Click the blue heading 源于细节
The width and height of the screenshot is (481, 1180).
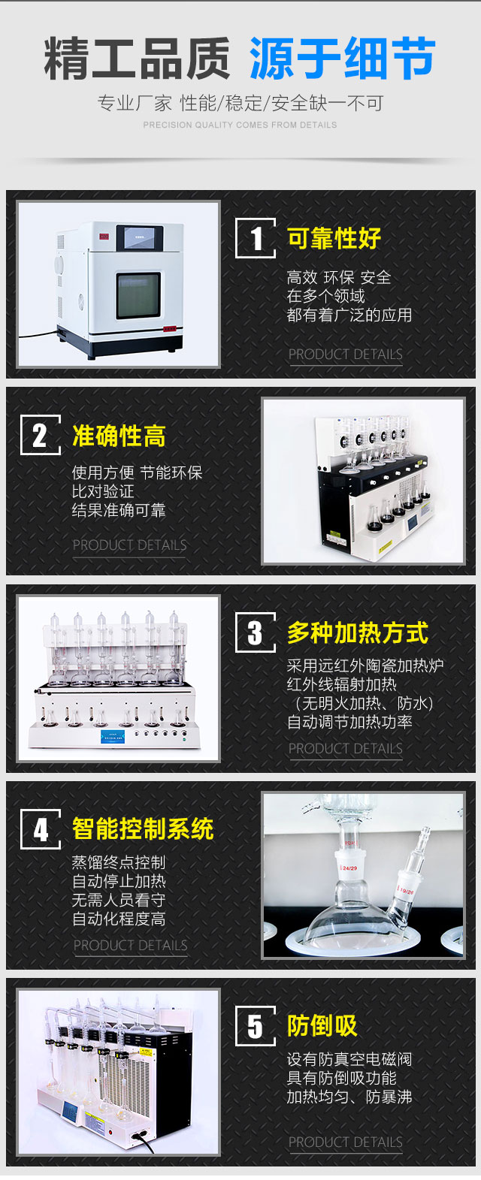click(343, 59)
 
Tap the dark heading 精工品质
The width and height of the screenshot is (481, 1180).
click(137, 59)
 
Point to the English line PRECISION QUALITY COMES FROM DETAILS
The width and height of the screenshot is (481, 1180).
click(240, 125)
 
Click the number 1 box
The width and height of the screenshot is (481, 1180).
click(256, 238)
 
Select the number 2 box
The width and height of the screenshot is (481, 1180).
click(41, 435)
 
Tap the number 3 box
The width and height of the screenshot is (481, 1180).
click(256, 632)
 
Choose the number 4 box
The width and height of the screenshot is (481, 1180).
click(41, 829)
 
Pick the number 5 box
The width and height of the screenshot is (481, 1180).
click(256, 1026)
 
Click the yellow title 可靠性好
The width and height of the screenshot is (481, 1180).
click(334, 238)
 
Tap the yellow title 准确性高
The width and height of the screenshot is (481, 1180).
click(119, 436)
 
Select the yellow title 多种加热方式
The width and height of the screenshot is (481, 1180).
click(358, 632)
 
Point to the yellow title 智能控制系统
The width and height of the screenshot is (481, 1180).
click(143, 829)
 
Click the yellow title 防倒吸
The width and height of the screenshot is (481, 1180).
click(322, 1026)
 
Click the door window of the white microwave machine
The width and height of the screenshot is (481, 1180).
click(138, 295)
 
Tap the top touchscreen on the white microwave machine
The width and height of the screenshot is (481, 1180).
click(141, 237)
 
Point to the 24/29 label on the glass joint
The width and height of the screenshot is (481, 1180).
click(349, 868)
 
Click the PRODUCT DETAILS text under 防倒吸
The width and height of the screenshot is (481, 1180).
click(346, 1142)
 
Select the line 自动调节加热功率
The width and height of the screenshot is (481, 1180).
click(349, 722)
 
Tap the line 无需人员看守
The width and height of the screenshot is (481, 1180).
click(119, 901)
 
